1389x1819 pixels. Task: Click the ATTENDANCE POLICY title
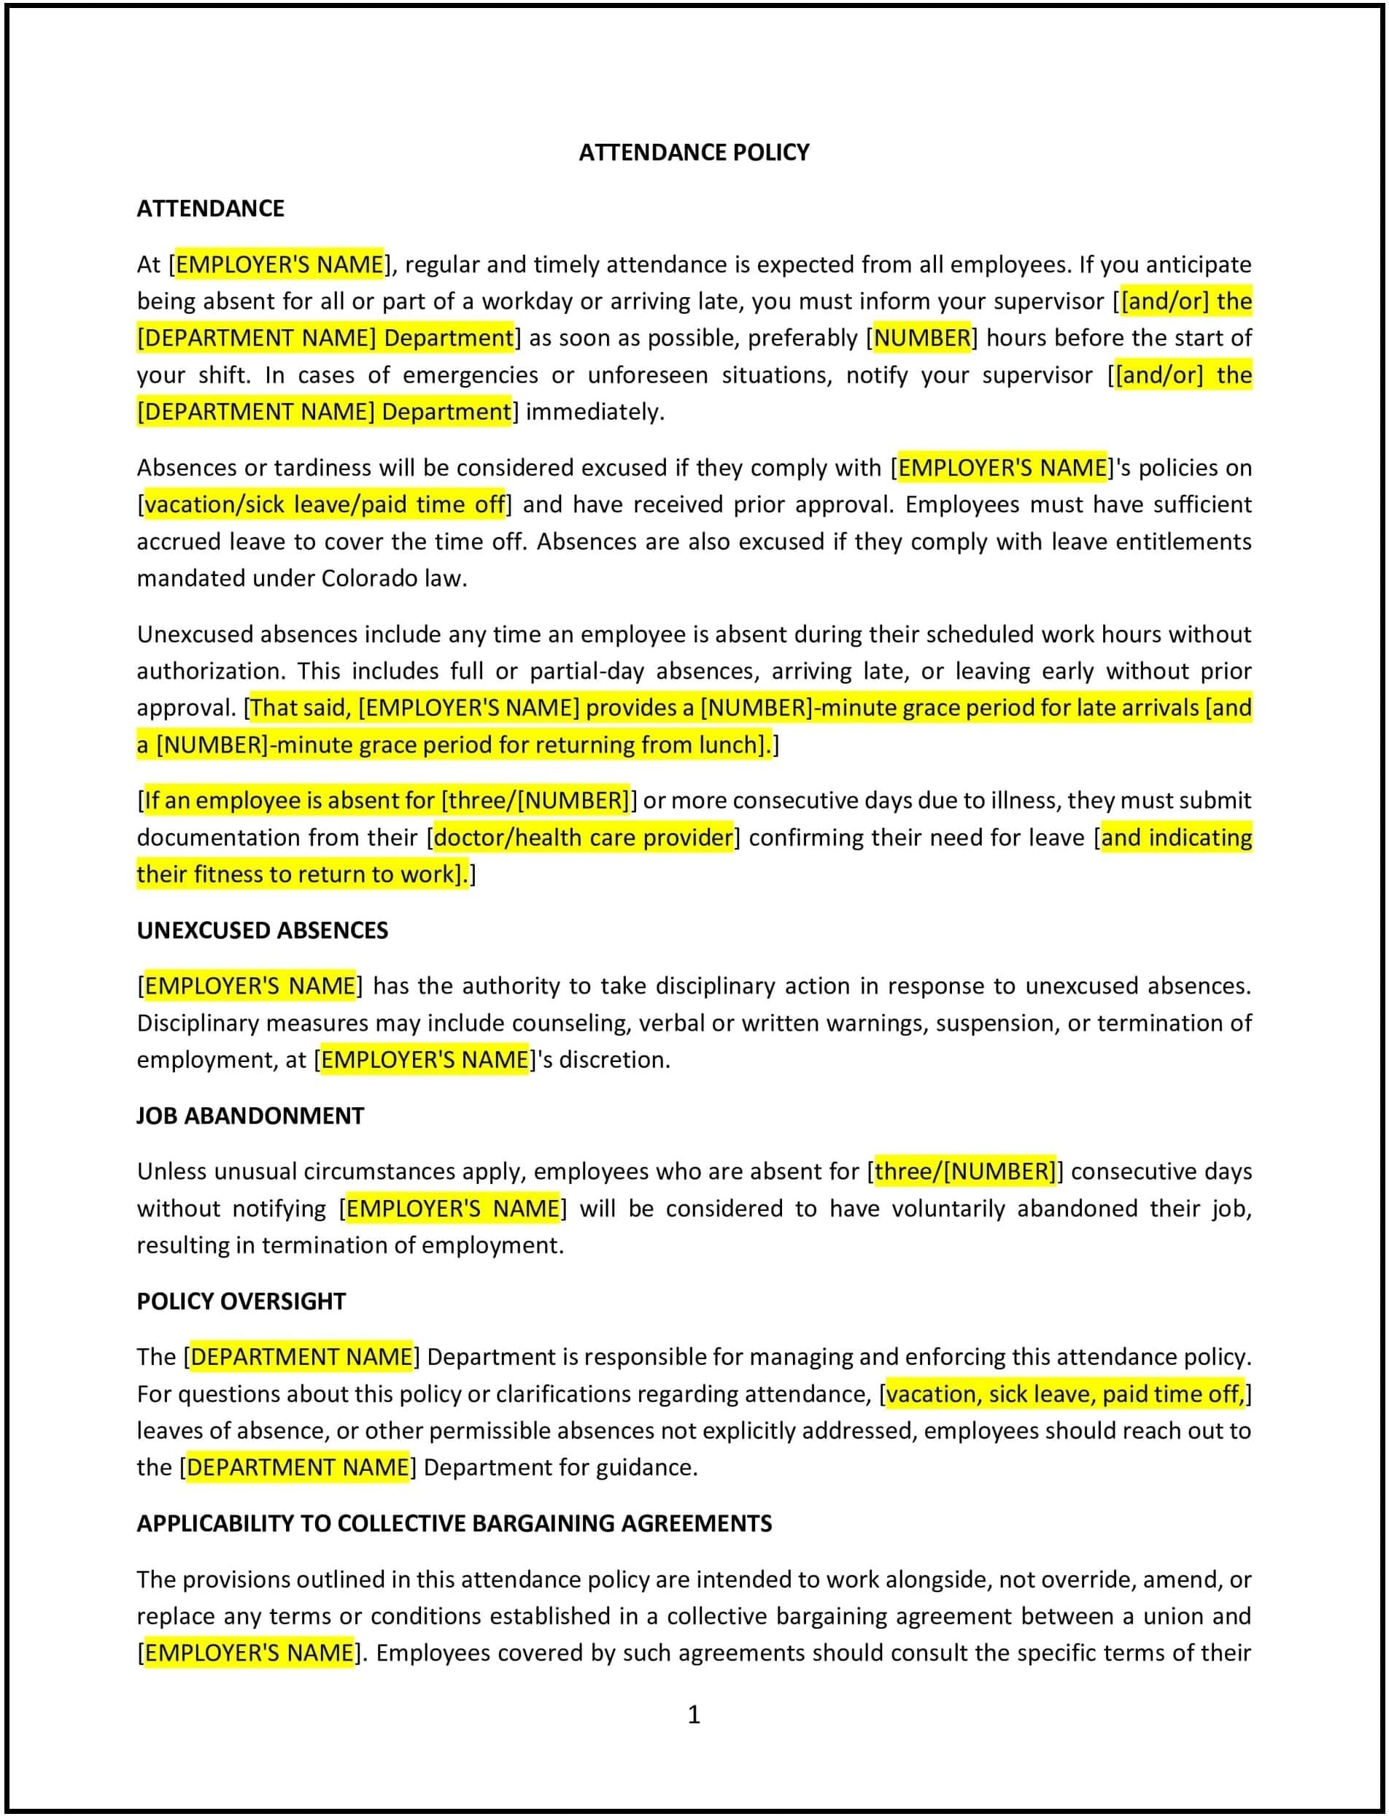[694, 153]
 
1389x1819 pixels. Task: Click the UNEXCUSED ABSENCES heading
[262, 930]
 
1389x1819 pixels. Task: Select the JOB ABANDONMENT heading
[249, 1115]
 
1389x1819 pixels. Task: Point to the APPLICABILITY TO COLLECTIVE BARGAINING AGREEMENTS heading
[454, 1523]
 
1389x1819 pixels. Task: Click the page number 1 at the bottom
[694, 1714]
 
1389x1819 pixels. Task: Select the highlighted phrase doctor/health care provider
[583, 837]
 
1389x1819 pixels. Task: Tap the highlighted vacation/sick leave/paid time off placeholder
[324, 504]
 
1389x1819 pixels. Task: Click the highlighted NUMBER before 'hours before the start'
[922, 337]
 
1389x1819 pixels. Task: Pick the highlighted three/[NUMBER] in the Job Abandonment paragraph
[965, 1172]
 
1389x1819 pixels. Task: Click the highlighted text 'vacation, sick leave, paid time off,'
[1065, 1394]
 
